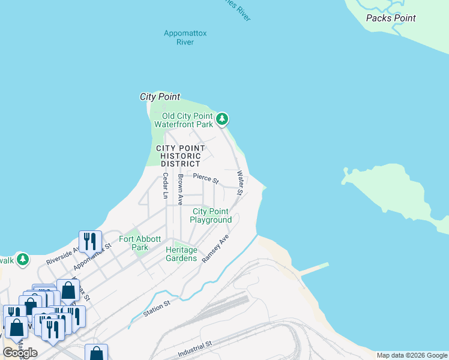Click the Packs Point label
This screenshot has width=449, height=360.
[x=391, y=18]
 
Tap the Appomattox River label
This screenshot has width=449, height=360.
[x=185, y=37]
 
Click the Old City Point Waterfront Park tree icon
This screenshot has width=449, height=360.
[x=222, y=119]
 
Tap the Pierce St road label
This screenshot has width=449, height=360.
[x=206, y=177]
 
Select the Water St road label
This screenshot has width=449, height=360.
[x=240, y=183]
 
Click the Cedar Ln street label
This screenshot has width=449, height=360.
[x=165, y=185]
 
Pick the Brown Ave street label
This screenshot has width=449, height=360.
[x=180, y=190]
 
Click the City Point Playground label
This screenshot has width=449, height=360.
[x=211, y=215]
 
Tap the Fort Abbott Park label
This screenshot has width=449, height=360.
[x=133, y=243]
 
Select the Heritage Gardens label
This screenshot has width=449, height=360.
[x=181, y=254]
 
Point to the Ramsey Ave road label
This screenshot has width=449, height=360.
[x=215, y=248]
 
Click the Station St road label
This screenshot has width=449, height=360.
[x=157, y=310]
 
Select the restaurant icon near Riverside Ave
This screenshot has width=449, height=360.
[x=90, y=241]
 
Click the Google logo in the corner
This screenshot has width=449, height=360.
[x=20, y=353]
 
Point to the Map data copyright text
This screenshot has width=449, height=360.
[x=412, y=355]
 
